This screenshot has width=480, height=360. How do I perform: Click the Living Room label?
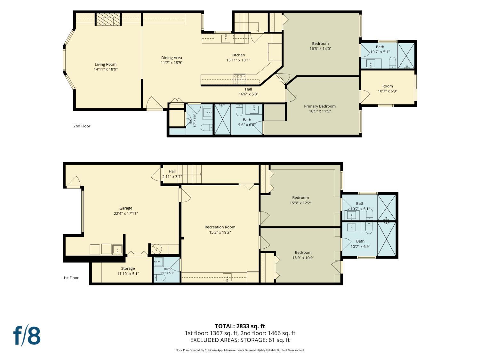click(106, 64)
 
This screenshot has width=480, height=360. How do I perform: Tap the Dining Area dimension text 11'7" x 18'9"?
click(172, 63)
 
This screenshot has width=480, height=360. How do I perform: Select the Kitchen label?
click(238, 55)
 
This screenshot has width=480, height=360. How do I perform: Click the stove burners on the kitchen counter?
click(239, 79)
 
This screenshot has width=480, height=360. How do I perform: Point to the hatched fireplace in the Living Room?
click(108, 19)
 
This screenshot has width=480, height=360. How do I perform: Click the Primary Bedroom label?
click(320, 106)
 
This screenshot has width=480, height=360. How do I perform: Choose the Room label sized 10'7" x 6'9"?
click(388, 86)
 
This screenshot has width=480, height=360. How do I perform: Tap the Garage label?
click(126, 208)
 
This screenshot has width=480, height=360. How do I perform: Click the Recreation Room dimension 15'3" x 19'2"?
click(220, 232)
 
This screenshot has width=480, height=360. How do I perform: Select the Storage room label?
click(128, 268)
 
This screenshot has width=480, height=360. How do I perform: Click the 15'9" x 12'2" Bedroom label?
click(301, 197)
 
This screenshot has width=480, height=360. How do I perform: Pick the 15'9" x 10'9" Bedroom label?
click(303, 252)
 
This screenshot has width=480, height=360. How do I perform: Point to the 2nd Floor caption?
click(82, 126)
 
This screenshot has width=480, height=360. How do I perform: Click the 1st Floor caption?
click(71, 278)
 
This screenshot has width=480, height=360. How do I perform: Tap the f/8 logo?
click(27, 336)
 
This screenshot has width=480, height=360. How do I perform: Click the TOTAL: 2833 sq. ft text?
click(240, 326)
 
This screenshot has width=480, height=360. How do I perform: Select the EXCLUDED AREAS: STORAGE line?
click(240, 340)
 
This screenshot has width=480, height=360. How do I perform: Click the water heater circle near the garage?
click(157, 249)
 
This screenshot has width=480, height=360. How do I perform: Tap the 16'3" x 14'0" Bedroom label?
click(320, 44)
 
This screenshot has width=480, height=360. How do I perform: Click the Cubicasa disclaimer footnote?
click(240, 350)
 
